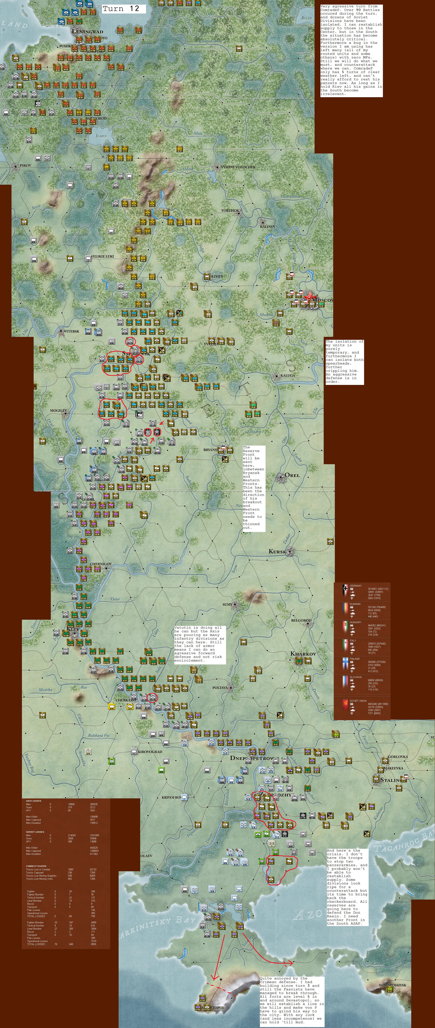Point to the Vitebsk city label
72,331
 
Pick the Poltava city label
220,688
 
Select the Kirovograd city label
150,752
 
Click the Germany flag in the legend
345,589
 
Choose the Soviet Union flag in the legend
345,705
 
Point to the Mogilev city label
58,411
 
